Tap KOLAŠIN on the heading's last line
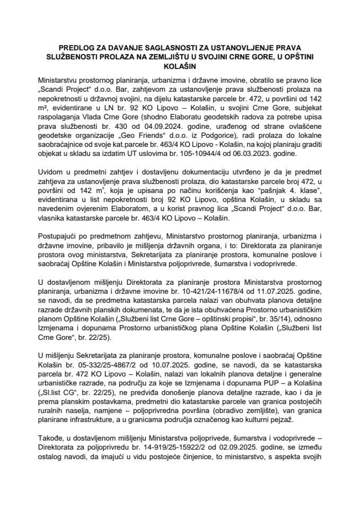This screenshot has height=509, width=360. pos(180,67)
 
